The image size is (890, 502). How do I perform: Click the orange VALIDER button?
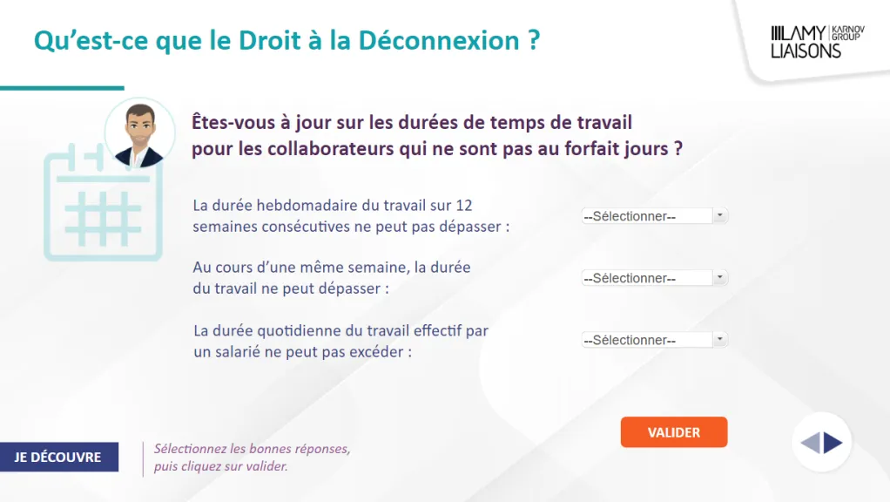click(674, 432)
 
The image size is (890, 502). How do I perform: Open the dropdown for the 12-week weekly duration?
click(655, 216)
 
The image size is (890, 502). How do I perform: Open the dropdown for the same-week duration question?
click(655, 278)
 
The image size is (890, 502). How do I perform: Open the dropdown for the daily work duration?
click(655, 340)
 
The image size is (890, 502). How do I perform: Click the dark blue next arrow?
click(833, 443)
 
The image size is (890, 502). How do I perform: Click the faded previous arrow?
click(810, 443)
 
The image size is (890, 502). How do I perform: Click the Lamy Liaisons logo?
click(818, 42)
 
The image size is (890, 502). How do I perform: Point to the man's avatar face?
click(139, 130)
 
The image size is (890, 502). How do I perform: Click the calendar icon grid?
click(103, 219)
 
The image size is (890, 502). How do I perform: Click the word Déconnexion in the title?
click(439, 40)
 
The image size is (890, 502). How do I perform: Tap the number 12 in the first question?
click(464, 205)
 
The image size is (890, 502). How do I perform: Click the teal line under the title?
click(62, 88)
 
